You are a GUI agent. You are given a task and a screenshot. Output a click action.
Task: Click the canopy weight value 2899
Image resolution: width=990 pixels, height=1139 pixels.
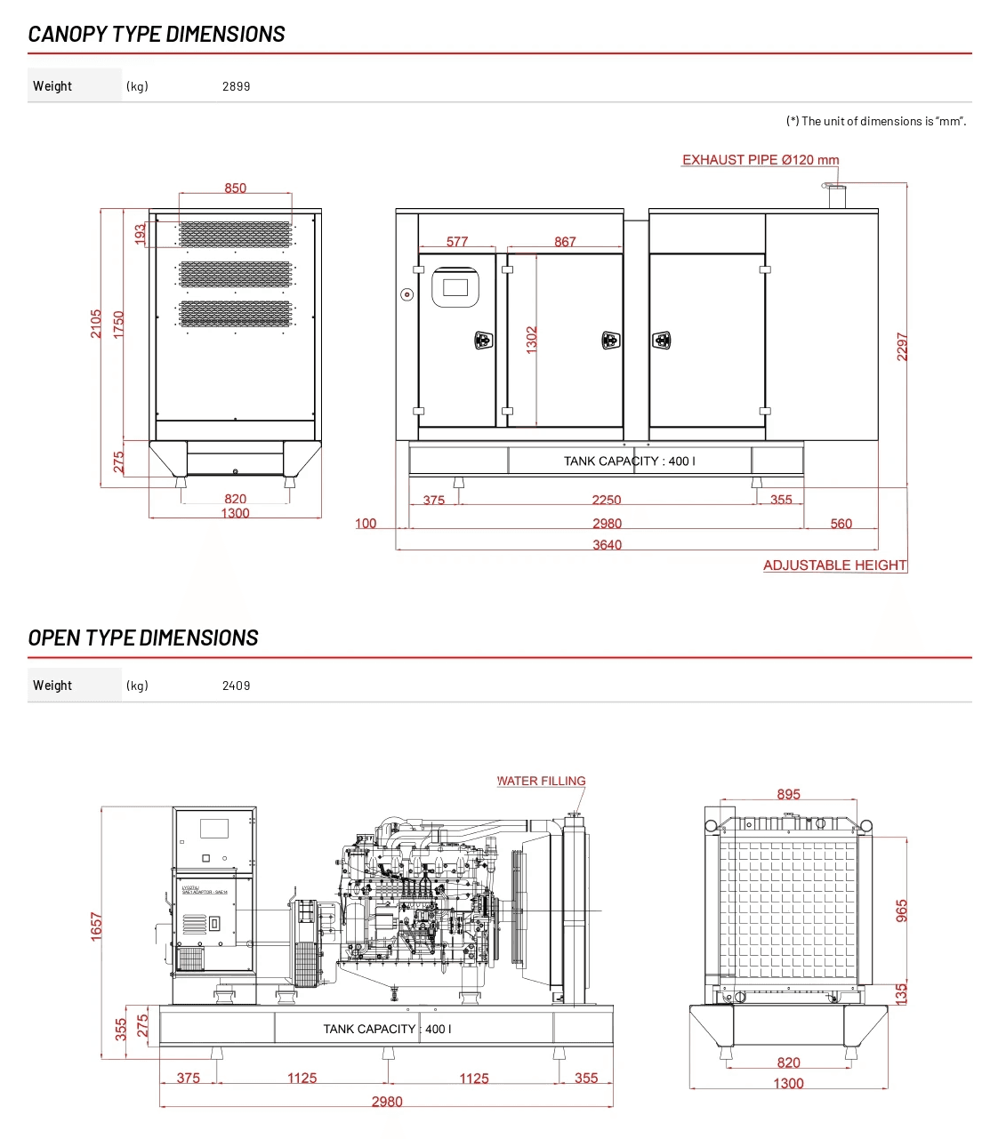click(x=236, y=86)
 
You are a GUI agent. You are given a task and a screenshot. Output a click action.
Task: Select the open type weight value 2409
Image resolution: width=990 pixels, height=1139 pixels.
click(x=236, y=686)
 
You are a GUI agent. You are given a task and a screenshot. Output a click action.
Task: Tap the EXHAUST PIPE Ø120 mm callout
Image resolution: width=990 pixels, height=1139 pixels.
click(x=761, y=160)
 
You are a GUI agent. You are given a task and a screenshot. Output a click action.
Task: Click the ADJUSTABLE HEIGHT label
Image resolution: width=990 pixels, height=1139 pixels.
click(x=834, y=565)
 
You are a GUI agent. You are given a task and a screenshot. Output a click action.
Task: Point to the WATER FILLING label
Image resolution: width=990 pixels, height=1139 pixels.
click(x=542, y=782)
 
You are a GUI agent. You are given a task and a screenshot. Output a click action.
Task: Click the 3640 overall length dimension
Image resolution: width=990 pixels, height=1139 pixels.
click(x=608, y=545)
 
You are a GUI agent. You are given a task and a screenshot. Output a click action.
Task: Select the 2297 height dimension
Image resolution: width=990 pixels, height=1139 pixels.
click(x=902, y=347)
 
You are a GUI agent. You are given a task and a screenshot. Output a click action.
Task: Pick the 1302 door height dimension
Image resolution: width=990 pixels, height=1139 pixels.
click(x=532, y=340)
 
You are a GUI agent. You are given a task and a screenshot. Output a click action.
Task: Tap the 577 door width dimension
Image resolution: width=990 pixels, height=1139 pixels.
click(x=457, y=242)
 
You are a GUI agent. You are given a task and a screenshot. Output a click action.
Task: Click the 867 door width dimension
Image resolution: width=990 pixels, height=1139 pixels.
click(x=565, y=242)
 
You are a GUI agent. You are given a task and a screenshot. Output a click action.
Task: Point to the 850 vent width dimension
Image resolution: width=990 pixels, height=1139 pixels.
click(x=236, y=188)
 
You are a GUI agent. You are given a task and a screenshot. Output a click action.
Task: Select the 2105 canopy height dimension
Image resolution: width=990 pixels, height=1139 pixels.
click(x=96, y=324)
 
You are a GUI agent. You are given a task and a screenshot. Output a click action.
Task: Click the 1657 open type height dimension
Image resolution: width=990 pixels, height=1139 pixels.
click(x=97, y=926)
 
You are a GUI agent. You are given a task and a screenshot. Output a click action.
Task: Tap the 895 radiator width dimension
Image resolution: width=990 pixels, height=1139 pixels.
click(x=789, y=795)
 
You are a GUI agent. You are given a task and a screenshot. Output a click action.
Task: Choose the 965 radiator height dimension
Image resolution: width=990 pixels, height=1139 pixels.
click(x=902, y=910)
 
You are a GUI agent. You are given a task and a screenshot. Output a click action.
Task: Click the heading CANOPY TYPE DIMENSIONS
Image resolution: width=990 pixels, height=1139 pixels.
click(x=157, y=35)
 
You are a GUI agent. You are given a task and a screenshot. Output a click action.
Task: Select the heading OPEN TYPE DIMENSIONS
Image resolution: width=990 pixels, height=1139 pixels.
click(x=143, y=638)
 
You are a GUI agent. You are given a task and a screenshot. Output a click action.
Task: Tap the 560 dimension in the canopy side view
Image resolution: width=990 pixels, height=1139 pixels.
click(x=841, y=524)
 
